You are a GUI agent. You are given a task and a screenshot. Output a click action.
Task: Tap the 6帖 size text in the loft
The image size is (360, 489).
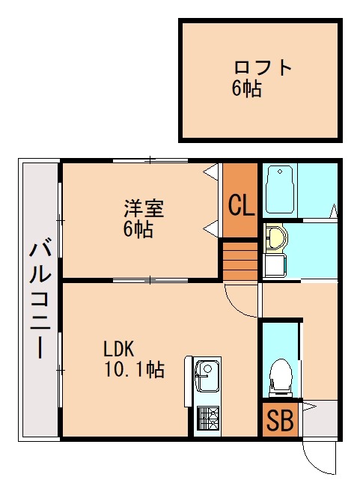coord(246,89)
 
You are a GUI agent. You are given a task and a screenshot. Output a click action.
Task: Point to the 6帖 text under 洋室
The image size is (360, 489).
coord(138,229)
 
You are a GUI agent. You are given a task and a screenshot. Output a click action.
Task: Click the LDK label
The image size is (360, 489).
coord(118,348)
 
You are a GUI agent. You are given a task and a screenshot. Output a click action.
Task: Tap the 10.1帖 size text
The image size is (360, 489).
coord(134,369)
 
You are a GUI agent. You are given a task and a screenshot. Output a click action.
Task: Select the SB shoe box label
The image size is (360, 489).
coord(281,422)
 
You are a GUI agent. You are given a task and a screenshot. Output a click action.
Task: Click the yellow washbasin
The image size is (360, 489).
coord(276,237)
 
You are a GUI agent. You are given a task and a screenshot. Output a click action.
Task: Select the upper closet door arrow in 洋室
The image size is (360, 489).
coord(213,170)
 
